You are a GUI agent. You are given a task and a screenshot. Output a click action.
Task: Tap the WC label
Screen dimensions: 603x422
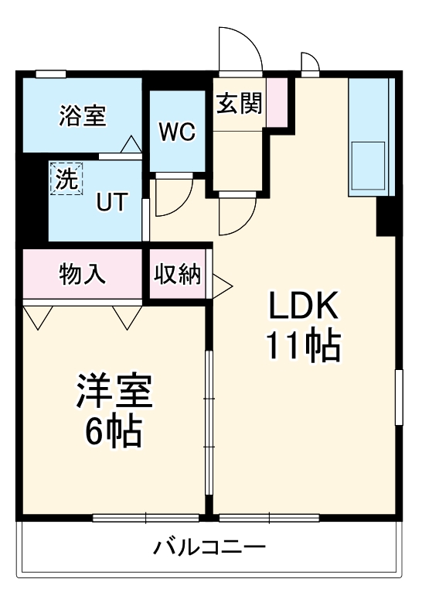pyautogui.click(x=177, y=132)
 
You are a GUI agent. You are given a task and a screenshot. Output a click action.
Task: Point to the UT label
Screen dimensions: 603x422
pyautogui.click(x=111, y=200)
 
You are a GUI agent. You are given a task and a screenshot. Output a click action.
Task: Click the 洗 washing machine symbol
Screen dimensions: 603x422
pyautogui.click(x=65, y=180)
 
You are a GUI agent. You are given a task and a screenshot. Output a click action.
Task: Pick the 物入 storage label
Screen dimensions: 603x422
pyautogui.click(x=83, y=274)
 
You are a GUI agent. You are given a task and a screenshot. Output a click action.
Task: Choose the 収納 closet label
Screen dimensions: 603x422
pyautogui.click(x=178, y=275)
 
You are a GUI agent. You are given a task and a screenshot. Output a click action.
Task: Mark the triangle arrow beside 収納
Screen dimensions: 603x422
pyautogui.click(x=222, y=284)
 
